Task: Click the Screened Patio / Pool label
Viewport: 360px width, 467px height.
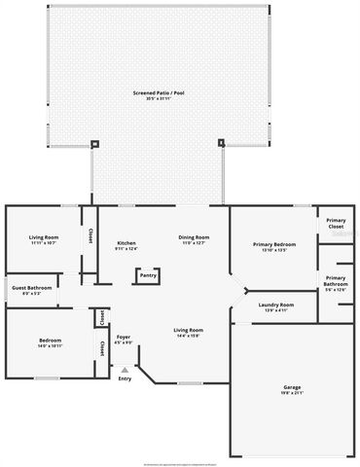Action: (158, 92)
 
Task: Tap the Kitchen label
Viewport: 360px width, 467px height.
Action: (126, 243)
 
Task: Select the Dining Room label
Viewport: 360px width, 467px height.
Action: (193, 237)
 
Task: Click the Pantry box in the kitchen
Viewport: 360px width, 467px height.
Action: (148, 275)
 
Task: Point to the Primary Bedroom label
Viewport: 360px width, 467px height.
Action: (274, 244)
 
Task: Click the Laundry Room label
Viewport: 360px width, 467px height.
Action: (276, 305)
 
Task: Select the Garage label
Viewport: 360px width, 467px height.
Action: (292, 386)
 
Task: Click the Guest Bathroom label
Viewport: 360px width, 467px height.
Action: (31, 288)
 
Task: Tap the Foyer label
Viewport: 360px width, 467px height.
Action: (124, 338)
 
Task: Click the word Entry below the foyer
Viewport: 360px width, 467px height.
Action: (125, 378)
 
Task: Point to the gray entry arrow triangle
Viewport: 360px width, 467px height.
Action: (125, 370)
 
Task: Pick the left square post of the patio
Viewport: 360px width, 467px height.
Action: (94, 144)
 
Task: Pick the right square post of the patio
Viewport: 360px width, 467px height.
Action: (221, 144)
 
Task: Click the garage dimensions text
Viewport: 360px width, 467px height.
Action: (292, 392)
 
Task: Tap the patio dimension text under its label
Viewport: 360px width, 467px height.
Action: (158, 98)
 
